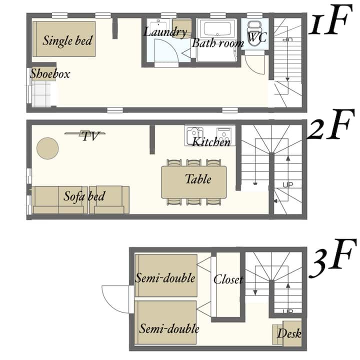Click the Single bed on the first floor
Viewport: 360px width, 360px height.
pos(64,39)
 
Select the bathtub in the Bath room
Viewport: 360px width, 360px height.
pos(217,29)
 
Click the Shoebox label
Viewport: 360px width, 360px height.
pos(50,73)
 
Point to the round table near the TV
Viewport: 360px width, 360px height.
pos(47,148)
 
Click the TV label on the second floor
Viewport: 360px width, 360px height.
pos(90,136)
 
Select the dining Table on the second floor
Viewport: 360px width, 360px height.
pos(194,182)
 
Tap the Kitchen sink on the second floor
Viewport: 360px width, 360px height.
pos(194,135)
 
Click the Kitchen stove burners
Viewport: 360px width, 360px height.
pos(224,135)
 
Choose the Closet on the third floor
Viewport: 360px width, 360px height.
pos(228,284)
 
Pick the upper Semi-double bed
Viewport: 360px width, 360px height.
pos(166,275)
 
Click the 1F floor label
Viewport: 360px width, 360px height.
pos(330,20)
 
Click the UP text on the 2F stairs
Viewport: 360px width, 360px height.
pos(288,185)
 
